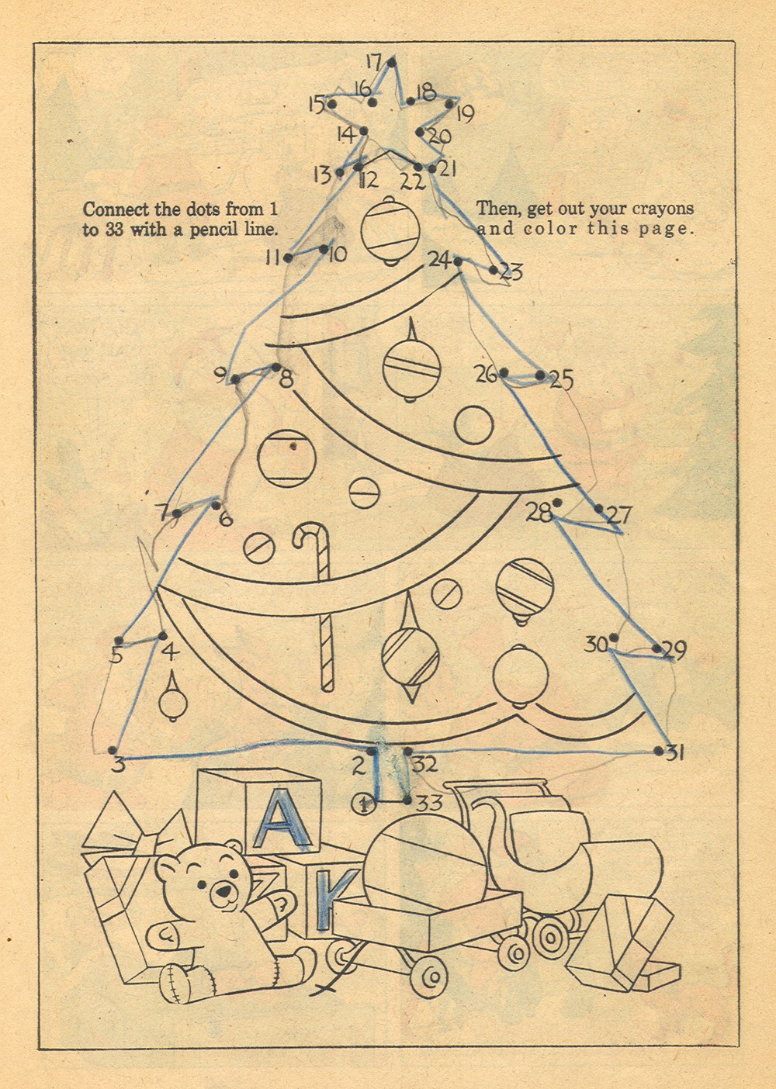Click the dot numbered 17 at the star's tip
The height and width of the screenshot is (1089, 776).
pyautogui.click(x=392, y=62)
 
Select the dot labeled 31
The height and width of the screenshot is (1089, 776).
pyautogui.click(x=658, y=751)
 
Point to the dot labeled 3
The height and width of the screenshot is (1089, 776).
pyautogui.click(x=113, y=751)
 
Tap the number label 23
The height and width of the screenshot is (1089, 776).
pyautogui.click(x=511, y=271)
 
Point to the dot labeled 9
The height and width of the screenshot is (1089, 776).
pyautogui.click(x=235, y=379)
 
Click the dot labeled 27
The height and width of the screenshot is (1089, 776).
pyautogui.click(x=599, y=509)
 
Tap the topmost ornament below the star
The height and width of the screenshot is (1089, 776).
pyautogui.click(x=390, y=230)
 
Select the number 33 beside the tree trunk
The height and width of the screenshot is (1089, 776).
pyautogui.click(x=429, y=803)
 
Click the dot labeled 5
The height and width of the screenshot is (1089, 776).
pyautogui.click(x=119, y=641)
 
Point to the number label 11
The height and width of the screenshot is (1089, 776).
pyautogui.click(x=273, y=258)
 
